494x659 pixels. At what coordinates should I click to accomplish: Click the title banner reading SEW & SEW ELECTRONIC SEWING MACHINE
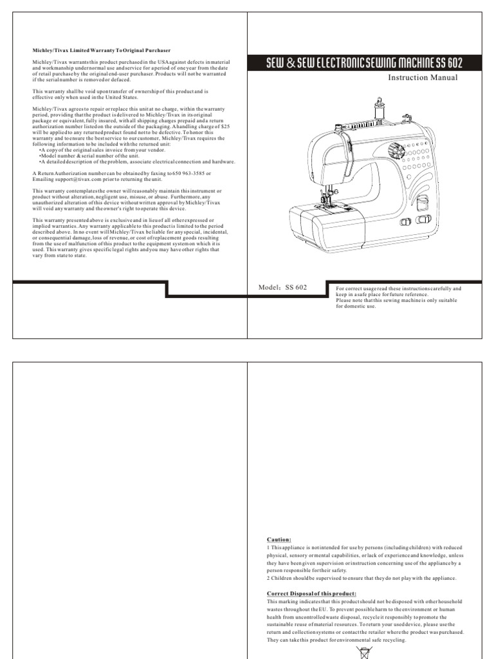(x=364, y=63)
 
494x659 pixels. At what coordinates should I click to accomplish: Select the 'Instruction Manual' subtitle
(x=423, y=78)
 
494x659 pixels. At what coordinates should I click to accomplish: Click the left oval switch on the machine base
(x=407, y=223)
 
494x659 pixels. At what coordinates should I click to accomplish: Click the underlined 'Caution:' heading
(x=279, y=539)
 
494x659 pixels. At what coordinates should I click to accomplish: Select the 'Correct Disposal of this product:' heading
(x=311, y=593)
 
